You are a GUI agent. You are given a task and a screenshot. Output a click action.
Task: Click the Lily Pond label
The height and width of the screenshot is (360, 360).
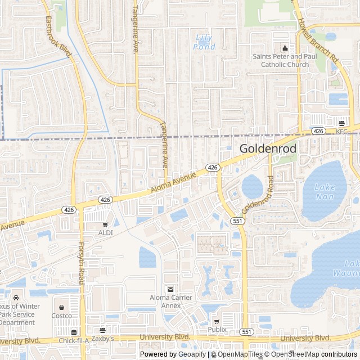pos(204,42)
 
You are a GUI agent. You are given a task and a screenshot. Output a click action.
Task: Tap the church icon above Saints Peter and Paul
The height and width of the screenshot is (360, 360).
pos(285,48)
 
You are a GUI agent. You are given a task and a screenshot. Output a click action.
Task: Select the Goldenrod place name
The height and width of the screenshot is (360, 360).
pos(265,148)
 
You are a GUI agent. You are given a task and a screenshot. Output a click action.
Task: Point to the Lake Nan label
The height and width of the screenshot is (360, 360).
pos(325,192)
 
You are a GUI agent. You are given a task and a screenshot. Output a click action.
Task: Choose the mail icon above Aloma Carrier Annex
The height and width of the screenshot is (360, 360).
pos(171,289)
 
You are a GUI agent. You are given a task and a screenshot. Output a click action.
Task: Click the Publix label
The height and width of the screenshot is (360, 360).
pos(217,329)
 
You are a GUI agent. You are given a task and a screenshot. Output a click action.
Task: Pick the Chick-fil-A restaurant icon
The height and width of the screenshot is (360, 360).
pos(74,332)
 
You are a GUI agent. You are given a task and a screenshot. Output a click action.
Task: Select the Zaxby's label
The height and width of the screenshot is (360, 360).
pos(103,339)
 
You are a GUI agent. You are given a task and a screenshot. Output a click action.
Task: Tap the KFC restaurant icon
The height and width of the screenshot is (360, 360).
pos(342,123)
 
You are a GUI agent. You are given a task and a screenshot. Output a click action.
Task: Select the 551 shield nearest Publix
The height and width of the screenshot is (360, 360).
pos(246,332)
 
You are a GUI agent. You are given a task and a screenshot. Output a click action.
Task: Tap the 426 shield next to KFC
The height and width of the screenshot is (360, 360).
pos(318,131)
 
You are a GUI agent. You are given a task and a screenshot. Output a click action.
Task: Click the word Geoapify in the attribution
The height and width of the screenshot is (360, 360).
pos(193,354)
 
